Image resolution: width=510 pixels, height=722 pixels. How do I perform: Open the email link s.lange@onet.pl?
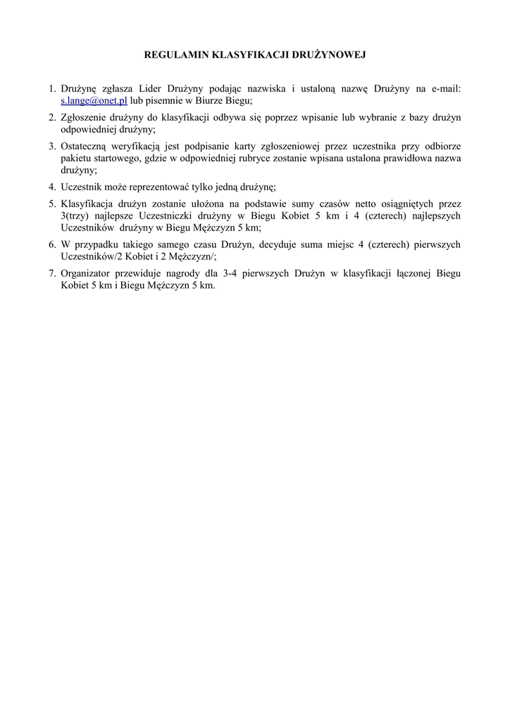tap(94, 102)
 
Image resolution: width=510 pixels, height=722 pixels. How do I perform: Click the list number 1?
tap(51, 89)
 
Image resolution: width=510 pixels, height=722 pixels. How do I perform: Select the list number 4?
tap(51, 187)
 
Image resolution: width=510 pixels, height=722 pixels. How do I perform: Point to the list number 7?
tap(51, 273)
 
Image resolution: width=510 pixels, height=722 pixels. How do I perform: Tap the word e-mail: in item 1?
tap(443, 89)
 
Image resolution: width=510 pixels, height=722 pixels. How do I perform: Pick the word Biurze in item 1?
tap(207, 102)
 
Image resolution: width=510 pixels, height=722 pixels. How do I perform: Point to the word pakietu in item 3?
tap(75, 158)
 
